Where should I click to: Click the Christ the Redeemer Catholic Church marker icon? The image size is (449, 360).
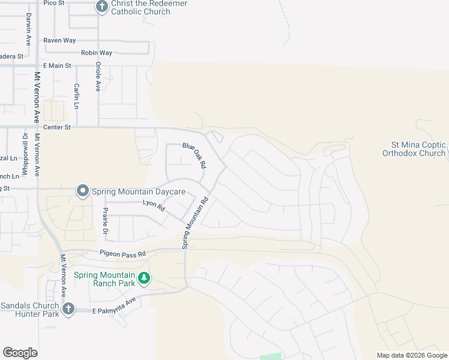click(x=102, y=7)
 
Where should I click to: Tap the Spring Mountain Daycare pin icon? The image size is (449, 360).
click(x=83, y=191)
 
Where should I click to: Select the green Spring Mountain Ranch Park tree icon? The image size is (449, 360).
click(x=143, y=278)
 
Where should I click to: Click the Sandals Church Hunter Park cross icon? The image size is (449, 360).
click(x=68, y=309)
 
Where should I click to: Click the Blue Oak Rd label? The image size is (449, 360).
click(x=195, y=155)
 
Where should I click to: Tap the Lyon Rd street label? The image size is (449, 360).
click(x=154, y=205)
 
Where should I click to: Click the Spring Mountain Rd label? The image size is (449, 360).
click(x=195, y=223)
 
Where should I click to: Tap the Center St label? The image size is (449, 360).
click(x=57, y=127)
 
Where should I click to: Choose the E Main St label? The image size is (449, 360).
click(x=56, y=65)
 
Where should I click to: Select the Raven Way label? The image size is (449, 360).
click(x=59, y=40)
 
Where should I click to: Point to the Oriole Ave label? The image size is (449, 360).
click(x=98, y=77)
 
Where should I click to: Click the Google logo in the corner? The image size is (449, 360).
click(x=20, y=353)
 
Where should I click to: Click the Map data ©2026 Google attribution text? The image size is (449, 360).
click(x=411, y=355)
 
